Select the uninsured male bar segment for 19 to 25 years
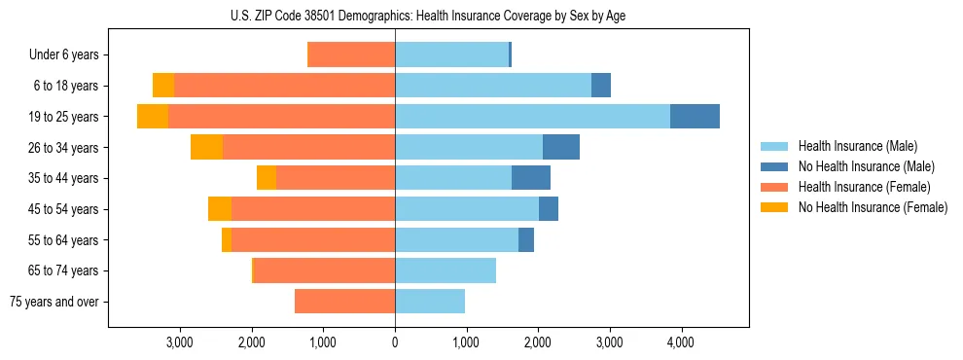[x=695, y=116]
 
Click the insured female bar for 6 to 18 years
[x=284, y=86]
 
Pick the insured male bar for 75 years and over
[x=430, y=302]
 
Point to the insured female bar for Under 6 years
[x=351, y=54]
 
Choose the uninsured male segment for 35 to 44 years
[x=531, y=178]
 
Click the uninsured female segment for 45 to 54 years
[x=220, y=209]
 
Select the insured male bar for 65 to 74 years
[x=446, y=270]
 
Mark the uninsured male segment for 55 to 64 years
[x=526, y=239]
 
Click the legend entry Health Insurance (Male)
[x=857, y=146]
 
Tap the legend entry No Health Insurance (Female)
[x=873, y=207]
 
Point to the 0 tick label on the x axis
[x=395, y=342]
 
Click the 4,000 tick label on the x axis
[x=680, y=342]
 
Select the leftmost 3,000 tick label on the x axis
[x=180, y=342]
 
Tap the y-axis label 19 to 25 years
[x=63, y=117]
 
